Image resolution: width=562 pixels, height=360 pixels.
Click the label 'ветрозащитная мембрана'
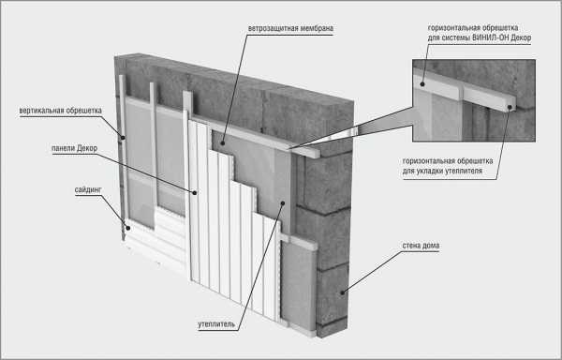[x=290, y=28]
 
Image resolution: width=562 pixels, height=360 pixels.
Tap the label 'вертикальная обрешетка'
[x=61, y=111]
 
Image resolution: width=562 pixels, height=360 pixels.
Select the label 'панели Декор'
[x=75, y=148]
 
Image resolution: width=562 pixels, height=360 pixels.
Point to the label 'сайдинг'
[x=88, y=189]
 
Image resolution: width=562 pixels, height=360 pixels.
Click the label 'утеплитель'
[x=216, y=324]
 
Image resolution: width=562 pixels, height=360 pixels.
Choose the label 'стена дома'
[x=421, y=246]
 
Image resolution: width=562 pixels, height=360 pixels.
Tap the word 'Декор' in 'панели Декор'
[x=87, y=148]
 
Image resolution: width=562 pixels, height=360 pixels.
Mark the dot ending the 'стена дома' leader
[x=343, y=292]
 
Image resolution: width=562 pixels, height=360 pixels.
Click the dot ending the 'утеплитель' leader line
[x=283, y=202]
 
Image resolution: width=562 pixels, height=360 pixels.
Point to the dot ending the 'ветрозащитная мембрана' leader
[x=223, y=143]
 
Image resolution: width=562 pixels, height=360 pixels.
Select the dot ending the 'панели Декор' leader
[x=195, y=192]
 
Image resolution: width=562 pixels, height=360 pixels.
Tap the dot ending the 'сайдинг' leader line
[x=127, y=227]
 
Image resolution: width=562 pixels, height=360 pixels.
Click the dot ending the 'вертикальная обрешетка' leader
[x=123, y=137]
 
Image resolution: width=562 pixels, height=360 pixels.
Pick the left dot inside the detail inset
[x=422, y=84]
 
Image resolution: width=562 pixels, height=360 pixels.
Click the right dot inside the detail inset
[x=510, y=107]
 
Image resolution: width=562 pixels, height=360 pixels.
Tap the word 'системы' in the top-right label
[x=455, y=37]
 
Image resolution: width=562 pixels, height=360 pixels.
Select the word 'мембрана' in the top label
[x=317, y=28]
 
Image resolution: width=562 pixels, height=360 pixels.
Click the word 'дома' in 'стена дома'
[x=431, y=246]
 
